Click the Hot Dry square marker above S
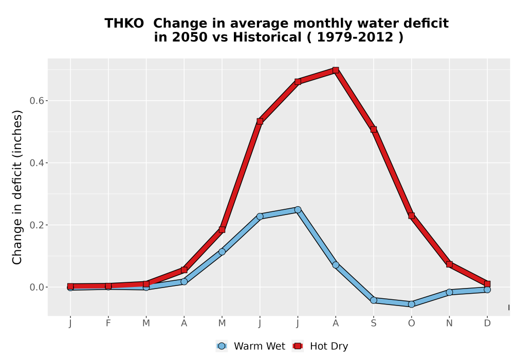coord(373,130)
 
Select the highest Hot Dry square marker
coord(335,70)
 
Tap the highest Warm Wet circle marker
coord(298,210)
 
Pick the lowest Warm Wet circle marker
coord(411,304)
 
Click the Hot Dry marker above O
coord(411,215)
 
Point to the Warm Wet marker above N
coord(449,292)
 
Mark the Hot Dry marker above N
coord(449,264)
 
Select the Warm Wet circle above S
coord(373,300)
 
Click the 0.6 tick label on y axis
coord(36,101)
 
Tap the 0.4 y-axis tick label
coord(36,163)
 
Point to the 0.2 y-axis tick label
coord(36,225)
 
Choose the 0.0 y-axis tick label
coord(36,287)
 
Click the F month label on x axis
coord(108,323)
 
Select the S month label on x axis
coord(373,323)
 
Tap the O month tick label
coord(411,323)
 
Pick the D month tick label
coord(487,323)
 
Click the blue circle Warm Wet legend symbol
coord(222,346)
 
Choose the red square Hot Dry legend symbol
coord(298,346)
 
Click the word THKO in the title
coord(124,24)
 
